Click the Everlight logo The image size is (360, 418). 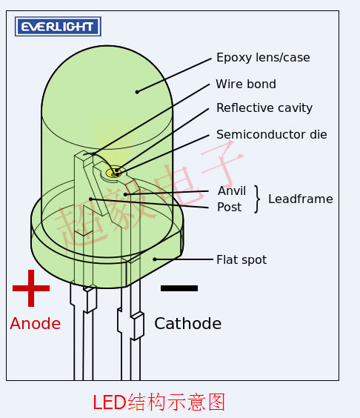(58, 27)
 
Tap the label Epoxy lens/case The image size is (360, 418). (263, 58)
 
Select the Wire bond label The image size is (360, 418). (246, 84)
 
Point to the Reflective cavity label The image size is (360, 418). (264, 108)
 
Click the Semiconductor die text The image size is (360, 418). (272, 134)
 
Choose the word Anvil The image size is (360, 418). (232, 191)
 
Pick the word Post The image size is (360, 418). (230, 207)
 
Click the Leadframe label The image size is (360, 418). (301, 199)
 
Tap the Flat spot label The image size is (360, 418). (241, 259)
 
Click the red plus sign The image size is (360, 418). (31, 288)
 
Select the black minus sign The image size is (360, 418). (179, 288)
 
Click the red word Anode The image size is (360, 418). (36, 324)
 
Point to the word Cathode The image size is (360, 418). (188, 324)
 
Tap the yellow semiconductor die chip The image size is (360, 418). (113, 173)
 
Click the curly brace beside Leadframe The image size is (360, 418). (257, 199)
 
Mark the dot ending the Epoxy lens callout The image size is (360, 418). (137, 92)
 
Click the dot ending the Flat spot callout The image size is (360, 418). (155, 259)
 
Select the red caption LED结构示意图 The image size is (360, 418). (159, 402)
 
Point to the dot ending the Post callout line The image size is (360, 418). (90, 199)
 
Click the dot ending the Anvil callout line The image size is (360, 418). (125, 194)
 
